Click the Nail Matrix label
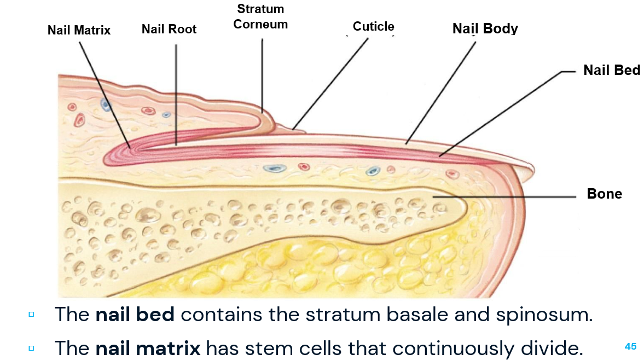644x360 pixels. click(79, 30)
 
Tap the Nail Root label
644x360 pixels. click(169, 29)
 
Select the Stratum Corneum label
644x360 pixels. click(260, 17)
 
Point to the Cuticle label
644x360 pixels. click(373, 27)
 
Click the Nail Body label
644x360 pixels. click(485, 28)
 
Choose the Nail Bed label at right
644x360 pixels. click(611, 70)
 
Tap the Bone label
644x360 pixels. click(604, 194)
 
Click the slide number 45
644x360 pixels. click(630, 346)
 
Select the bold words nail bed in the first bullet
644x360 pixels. click(135, 315)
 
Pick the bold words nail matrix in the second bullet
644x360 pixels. click(148, 347)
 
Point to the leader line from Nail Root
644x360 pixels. click(176, 93)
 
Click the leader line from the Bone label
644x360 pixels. click(503, 196)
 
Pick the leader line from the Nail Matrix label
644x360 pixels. click(104, 93)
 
